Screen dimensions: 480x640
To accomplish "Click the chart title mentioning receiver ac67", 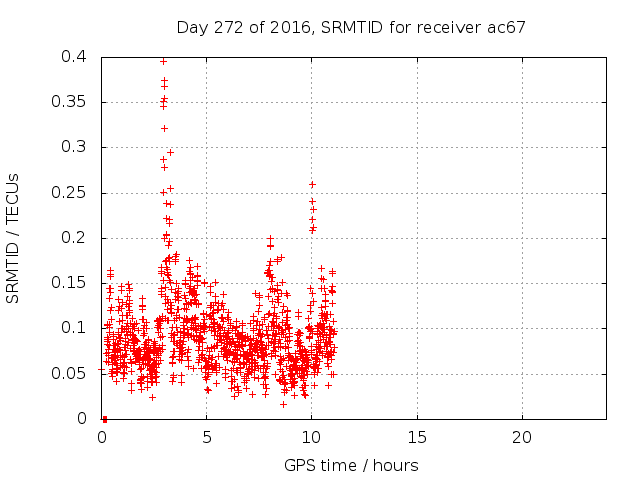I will click(351, 27).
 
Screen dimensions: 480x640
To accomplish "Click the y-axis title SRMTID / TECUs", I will click(14, 238).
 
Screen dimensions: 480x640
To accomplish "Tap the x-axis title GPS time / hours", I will click(351, 465).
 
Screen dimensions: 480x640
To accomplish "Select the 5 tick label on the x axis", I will click(207, 437).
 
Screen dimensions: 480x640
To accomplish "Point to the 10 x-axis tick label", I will click(311, 437).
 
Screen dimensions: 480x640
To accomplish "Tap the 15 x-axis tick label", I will click(416, 437).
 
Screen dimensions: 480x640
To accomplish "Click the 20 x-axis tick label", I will click(521, 437).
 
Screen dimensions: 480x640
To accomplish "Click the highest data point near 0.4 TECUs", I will click(163, 61).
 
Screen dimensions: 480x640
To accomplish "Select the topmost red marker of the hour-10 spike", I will click(312, 184).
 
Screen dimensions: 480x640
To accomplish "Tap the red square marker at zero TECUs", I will click(105, 418).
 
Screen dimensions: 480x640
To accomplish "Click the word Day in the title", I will click(191, 27).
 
